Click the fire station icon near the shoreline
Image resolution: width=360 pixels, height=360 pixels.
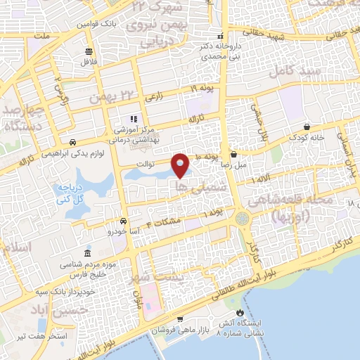(x=241, y=313)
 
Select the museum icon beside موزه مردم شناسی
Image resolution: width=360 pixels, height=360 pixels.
(x=87, y=253)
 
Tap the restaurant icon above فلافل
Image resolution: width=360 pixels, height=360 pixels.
(x=89, y=51)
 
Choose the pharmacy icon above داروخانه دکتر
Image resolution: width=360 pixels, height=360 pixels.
(x=221, y=36)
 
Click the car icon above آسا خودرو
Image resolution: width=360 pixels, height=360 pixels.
(x=123, y=220)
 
